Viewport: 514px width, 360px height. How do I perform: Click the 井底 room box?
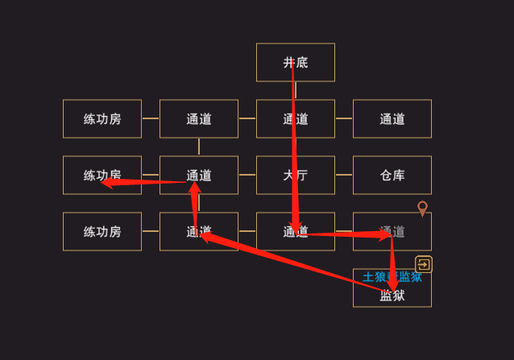[295, 62]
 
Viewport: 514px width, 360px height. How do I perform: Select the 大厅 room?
[295, 175]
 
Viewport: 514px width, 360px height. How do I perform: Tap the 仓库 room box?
[392, 175]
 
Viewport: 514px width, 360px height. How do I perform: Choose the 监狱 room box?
[392, 296]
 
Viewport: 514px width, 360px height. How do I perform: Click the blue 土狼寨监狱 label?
[392, 277]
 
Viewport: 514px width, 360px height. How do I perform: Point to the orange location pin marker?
[422, 209]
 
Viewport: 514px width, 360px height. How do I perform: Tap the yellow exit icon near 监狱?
[424, 264]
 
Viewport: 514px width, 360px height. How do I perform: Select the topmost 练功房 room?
[102, 118]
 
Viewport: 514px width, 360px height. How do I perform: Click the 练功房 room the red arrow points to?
[102, 175]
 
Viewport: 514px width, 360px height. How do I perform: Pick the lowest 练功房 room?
[102, 231]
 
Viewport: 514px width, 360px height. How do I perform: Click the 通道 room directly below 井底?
[295, 118]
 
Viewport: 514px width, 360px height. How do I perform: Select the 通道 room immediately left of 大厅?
[199, 175]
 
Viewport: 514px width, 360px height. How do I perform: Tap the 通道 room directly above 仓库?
[392, 118]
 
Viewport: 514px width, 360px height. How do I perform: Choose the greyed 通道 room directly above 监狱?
[392, 231]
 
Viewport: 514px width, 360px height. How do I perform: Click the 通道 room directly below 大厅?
[295, 231]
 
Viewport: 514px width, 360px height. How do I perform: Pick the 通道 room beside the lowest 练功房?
[199, 231]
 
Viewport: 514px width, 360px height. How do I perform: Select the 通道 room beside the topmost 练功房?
[199, 118]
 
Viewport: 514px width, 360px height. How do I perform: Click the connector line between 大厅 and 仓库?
[344, 175]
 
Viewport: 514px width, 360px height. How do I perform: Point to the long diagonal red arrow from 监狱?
[298, 263]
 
